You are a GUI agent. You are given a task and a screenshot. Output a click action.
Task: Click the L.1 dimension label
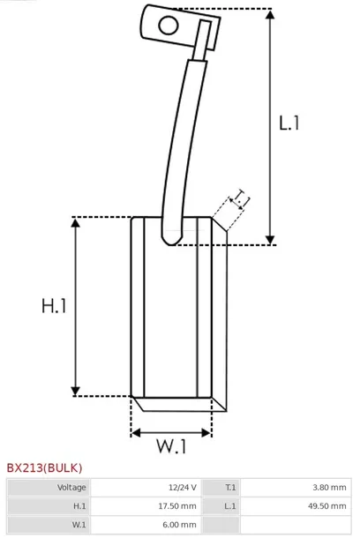tap(289, 123)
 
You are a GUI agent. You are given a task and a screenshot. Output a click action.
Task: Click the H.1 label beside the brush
tap(54, 305)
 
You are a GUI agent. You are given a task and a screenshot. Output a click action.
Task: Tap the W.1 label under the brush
tap(171, 446)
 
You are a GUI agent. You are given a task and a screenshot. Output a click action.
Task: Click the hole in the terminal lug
tap(169, 26)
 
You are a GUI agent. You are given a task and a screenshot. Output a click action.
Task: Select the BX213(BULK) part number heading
tap(45, 468)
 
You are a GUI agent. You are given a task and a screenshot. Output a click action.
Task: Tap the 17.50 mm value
tap(177, 506)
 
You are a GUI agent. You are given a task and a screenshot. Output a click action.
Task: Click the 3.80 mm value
tap(329, 487)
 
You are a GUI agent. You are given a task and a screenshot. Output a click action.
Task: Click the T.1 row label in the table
tap(230, 487)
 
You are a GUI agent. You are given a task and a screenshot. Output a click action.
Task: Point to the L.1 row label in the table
tap(230, 506)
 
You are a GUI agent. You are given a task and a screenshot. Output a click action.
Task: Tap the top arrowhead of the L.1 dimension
tap(270, 14)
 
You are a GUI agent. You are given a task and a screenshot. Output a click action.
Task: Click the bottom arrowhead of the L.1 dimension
tap(270, 240)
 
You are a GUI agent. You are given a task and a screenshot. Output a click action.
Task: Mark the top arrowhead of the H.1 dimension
tap(75, 222)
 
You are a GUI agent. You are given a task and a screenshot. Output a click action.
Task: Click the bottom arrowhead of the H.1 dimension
tap(75, 391)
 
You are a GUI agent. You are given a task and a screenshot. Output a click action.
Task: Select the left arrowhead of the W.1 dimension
tap(136, 433)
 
